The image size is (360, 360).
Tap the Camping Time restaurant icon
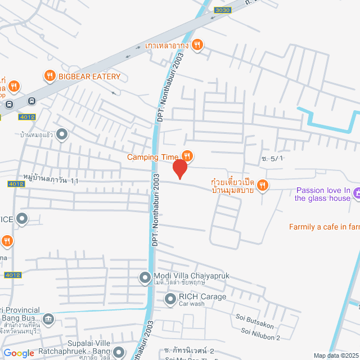click(187, 156)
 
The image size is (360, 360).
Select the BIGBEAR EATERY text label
click(89, 76)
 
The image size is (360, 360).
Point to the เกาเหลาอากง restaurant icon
click(196, 45)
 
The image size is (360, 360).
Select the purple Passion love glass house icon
click(358, 193)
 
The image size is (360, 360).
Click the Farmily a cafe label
click(324, 227)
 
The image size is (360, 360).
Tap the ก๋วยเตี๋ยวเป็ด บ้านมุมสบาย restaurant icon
click(263, 185)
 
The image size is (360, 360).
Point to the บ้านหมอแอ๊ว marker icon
click(62, 134)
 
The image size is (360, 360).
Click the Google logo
click(19, 353)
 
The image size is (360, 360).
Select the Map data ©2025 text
click(335, 355)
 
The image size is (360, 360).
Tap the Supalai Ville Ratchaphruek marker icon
click(118, 353)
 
